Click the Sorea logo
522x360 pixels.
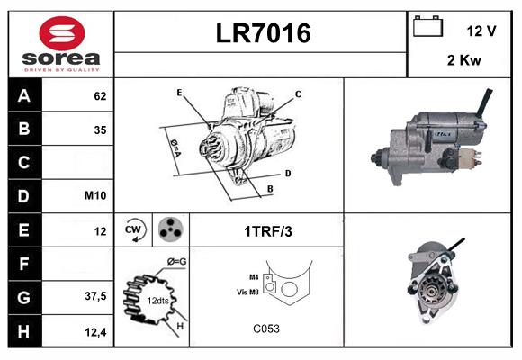(61, 44)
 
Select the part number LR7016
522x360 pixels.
(263, 33)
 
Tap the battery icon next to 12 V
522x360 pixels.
(427, 28)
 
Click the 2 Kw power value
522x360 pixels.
(463, 60)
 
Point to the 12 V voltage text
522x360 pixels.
(481, 31)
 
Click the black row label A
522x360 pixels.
(23, 95)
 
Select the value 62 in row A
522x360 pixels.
(99, 95)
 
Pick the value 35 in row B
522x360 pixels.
(99, 130)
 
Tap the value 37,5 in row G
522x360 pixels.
(95, 295)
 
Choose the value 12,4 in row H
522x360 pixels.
(95, 331)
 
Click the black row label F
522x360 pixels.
(23, 264)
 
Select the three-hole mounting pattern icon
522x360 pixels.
(168, 230)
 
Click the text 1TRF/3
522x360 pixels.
(267, 231)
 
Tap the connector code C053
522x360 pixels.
(266, 328)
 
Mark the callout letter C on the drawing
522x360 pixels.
(298, 94)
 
